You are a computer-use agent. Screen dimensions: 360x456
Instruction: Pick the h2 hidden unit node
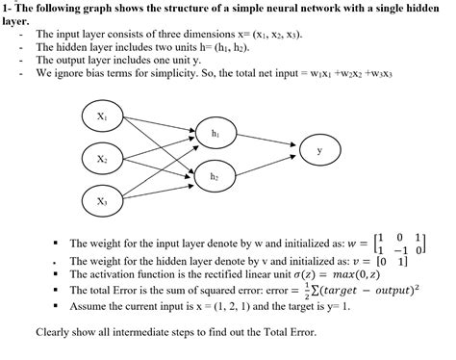coord(214,178)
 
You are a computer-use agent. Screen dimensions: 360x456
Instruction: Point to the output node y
coord(319,151)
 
